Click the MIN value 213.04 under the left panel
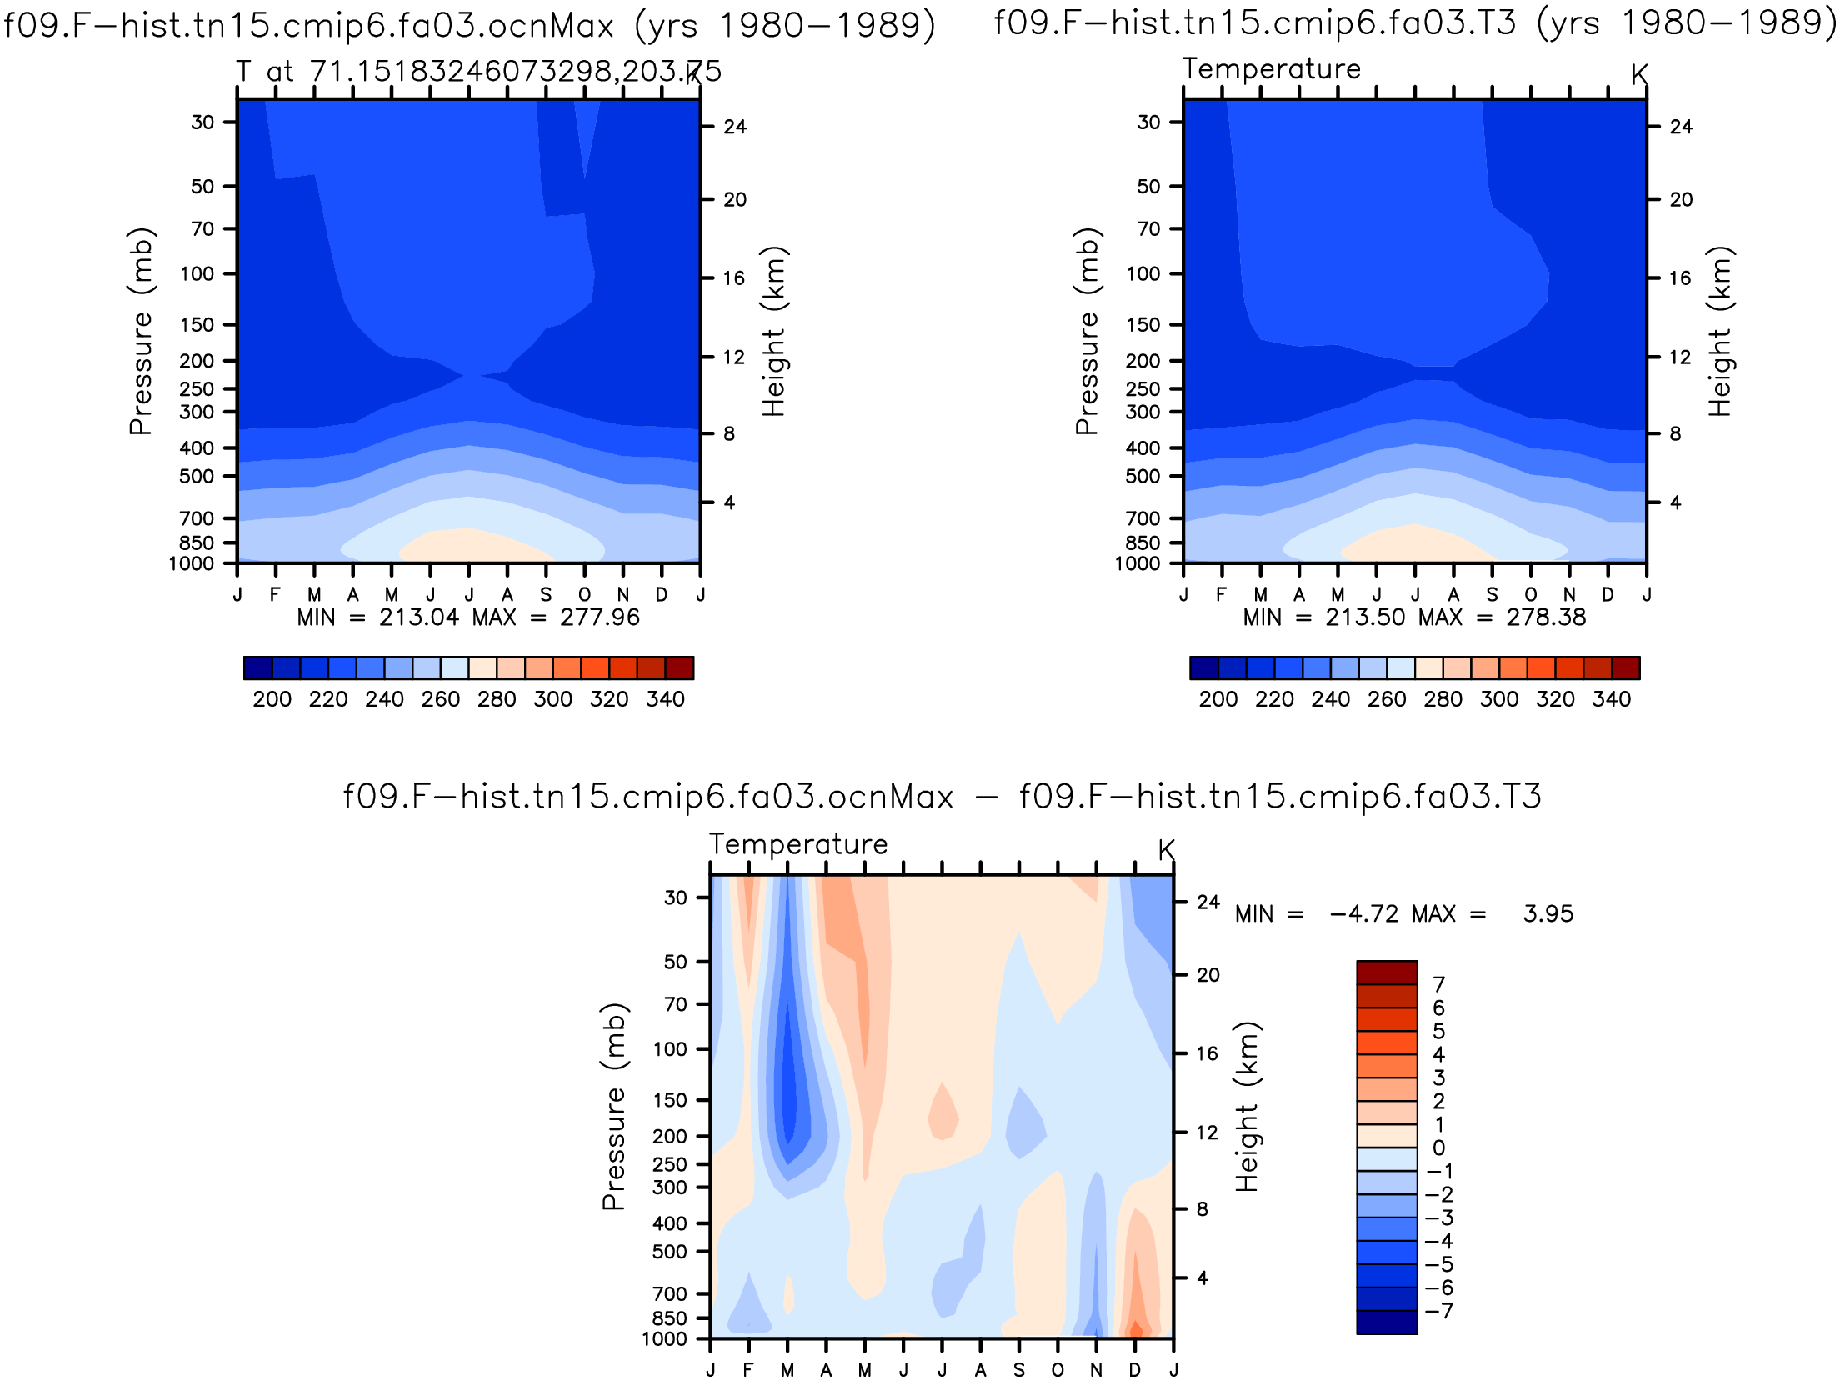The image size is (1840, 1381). click(x=419, y=618)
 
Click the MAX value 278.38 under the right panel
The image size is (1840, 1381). click(x=1546, y=618)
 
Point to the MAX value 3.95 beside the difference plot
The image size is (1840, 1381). click(x=1548, y=914)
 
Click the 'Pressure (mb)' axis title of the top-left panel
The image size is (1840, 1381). click(x=141, y=331)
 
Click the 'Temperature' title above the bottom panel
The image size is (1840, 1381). click(x=798, y=844)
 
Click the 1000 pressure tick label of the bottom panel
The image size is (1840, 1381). click(x=664, y=1339)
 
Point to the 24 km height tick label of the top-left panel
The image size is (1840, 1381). click(x=735, y=127)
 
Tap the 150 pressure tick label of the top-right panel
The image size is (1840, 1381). click(x=1142, y=324)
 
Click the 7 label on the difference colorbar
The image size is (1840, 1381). click(x=1438, y=984)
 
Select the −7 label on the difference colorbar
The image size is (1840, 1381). click(x=1440, y=1311)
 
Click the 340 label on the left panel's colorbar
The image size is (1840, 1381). click(x=665, y=699)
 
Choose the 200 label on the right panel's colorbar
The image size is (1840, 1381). click(x=1218, y=699)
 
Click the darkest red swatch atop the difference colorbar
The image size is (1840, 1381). click(x=1387, y=973)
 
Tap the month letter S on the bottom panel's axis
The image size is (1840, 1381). click(x=1019, y=1370)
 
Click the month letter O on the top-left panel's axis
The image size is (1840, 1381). click(x=585, y=595)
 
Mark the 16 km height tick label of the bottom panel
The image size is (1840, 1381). click(x=1207, y=1053)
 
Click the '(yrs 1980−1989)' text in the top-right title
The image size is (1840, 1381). click(x=1687, y=23)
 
